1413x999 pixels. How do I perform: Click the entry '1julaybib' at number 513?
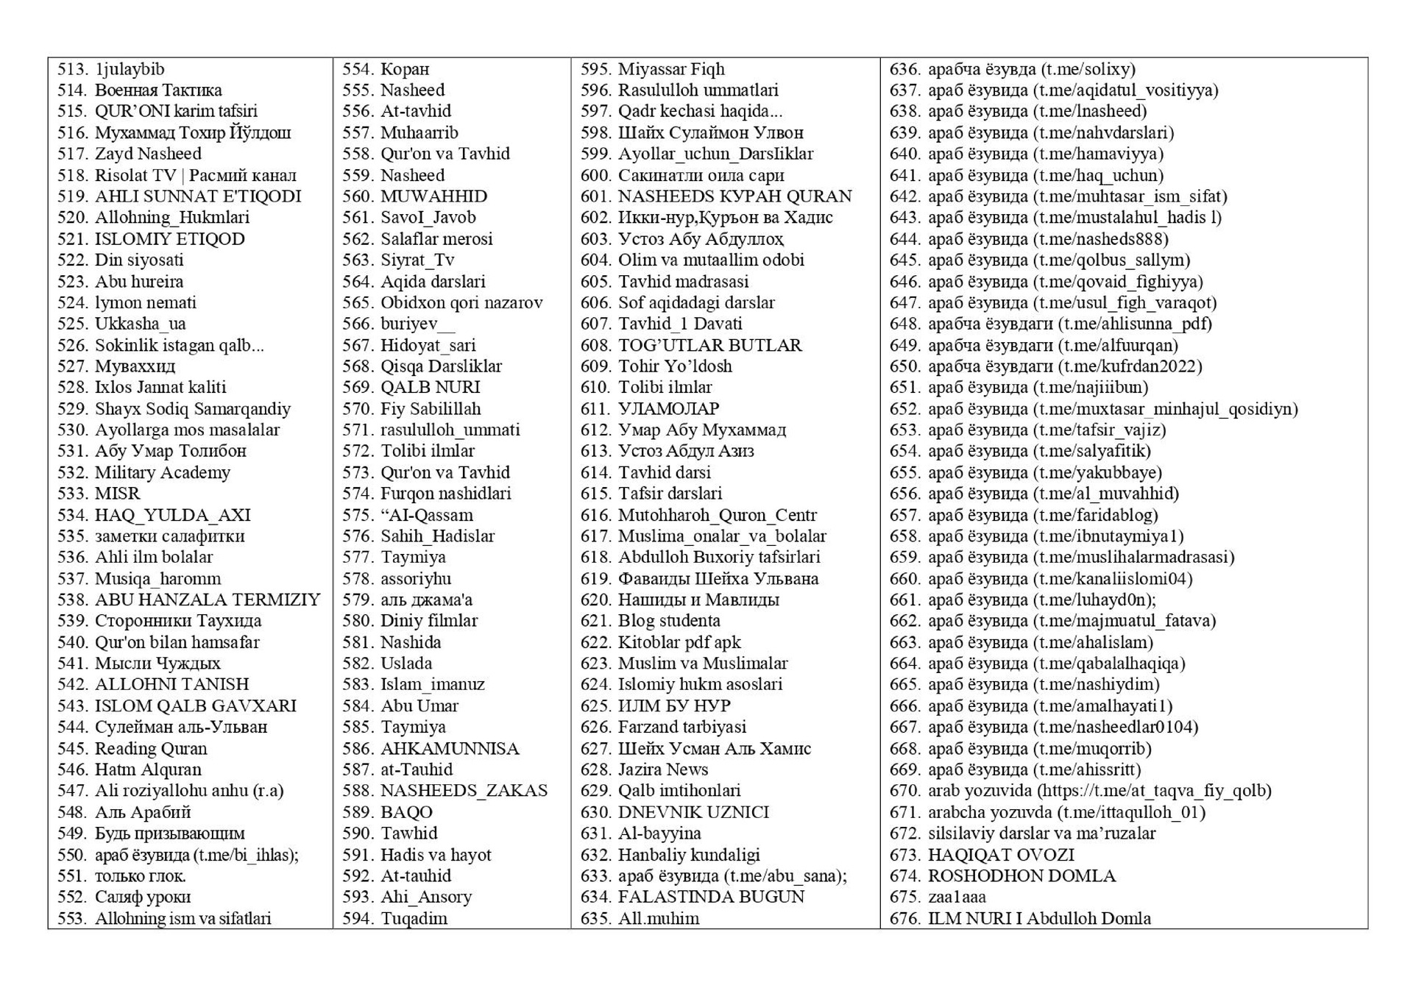point(130,69)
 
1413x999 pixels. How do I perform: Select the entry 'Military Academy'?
point(162,472)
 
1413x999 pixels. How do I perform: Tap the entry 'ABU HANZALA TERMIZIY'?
point(208,600)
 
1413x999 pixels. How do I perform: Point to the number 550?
point(72,855)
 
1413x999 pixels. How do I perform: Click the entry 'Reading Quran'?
point(151,748)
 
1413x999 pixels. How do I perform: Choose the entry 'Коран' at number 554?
point(404,69)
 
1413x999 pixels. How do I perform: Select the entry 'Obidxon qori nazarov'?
point(461,302)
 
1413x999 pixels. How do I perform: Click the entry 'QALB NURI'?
point(430,387)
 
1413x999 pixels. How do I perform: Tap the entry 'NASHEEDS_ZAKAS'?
point(464,791)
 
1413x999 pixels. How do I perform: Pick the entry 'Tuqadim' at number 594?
point(414,918)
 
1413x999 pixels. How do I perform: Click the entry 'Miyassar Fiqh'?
point(671,69)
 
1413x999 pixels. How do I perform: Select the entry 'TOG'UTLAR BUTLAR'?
point(709,345)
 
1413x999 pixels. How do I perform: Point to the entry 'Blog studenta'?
point(669,621)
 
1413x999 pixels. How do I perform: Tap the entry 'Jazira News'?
point(663,769)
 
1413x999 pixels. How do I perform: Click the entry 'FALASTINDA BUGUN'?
point(711,897)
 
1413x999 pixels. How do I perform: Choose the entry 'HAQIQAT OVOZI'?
point(1001,855)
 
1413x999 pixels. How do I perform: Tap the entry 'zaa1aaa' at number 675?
point(957,897)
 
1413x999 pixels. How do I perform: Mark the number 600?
point(595,175)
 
